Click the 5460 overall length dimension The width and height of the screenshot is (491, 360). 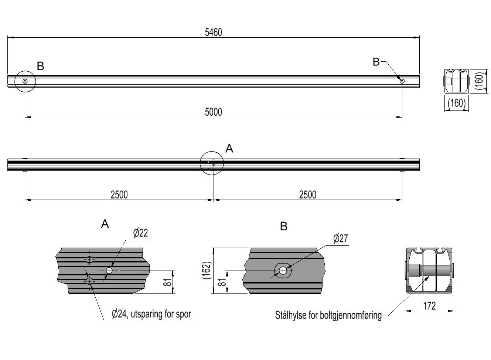coord(213,33)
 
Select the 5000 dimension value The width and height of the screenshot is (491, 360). coord(213,112)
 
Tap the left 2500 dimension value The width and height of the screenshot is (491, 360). coord(119,195)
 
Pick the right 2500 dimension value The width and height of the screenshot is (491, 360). coord(307,195)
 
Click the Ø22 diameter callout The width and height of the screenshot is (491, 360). coord(140,233)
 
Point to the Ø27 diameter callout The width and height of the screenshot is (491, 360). coord(340,238)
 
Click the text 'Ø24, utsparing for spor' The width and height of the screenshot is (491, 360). coord(151,314)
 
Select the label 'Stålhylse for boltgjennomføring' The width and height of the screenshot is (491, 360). coord(328,315)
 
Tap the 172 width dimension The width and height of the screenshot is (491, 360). coord(429,306)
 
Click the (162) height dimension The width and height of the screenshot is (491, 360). coord(207,271)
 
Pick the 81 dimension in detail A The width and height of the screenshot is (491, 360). coord(167,282)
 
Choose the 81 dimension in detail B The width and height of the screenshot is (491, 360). coord(222,282)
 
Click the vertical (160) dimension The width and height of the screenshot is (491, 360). coord(480,81)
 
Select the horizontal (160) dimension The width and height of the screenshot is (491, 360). coord(457,103)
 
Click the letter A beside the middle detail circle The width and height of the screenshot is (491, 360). coord(229,149)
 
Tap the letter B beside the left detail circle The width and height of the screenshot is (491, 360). coord(41,66)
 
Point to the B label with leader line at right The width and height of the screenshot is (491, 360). coord(376,62)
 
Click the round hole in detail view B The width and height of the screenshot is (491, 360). coord(283,271)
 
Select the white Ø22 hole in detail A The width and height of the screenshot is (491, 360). coord(109,271)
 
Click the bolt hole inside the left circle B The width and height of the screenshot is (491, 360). coord(25,81)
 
